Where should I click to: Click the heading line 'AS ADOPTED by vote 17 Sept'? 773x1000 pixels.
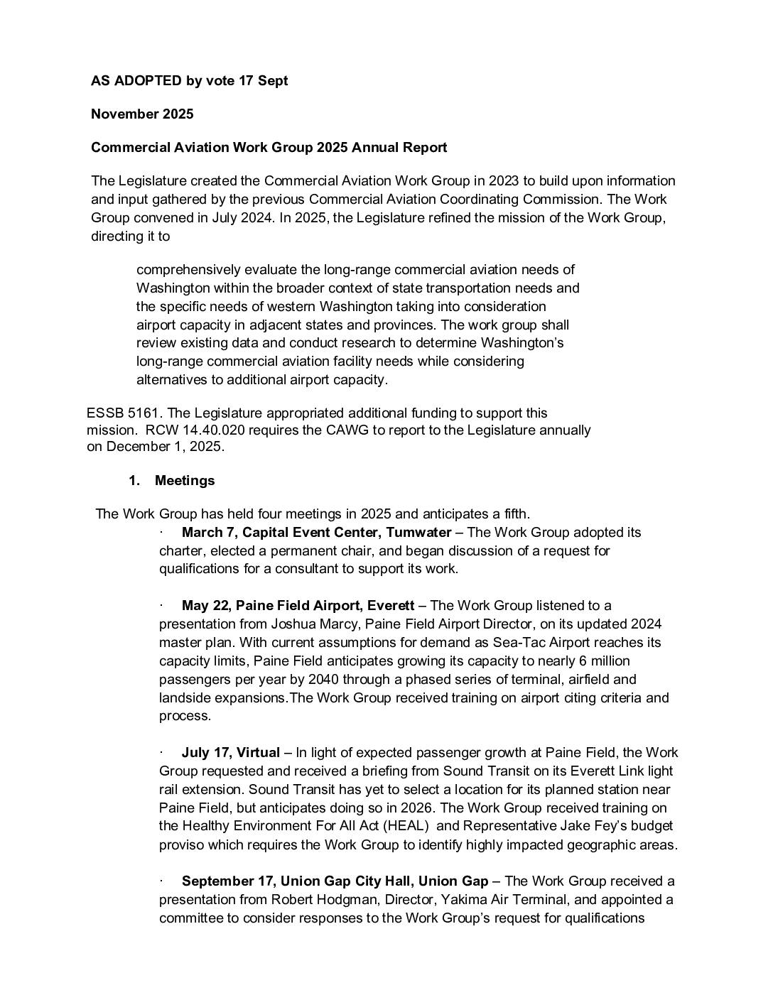click(189, 81)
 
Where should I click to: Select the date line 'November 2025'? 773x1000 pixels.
click(142, 114)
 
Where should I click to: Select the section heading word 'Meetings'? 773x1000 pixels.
click(185, 481)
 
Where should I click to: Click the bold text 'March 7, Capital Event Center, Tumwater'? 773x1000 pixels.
click(316, 533)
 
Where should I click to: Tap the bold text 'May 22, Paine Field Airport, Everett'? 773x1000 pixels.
click(298, 606)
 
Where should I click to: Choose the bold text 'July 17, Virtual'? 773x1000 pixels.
click(230, 753)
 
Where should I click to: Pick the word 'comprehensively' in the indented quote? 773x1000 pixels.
click(188, 270)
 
